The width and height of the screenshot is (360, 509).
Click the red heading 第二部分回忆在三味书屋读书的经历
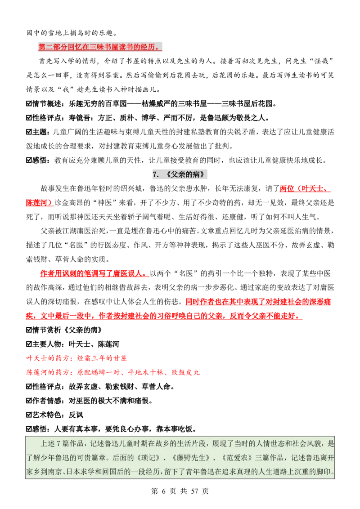(x=100, y=47)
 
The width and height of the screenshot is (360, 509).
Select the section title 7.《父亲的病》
(x=180, y=174)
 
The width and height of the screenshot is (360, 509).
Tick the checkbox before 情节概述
(x=29, y=104)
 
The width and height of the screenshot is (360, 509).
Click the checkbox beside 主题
(x=29, y=132)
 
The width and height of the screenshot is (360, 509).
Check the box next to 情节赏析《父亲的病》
(x=29, y=330)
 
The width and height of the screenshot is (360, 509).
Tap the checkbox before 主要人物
(x=29, y=344)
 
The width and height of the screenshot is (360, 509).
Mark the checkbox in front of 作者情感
(x=29, y=401)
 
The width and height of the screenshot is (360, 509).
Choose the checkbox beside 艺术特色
(x=29, y=415)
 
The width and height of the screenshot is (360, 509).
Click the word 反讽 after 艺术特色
(x=76, y=415)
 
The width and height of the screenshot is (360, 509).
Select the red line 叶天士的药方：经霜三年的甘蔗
(x=76, y=358)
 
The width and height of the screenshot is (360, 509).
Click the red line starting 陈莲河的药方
(x=113, y=372)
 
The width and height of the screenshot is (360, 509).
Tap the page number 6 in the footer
(x=163, y=491)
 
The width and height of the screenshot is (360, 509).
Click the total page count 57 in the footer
(x=194, y=491)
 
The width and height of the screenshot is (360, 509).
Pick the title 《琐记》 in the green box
(x=148, y=458)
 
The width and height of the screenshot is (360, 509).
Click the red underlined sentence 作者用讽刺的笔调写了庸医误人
(x=94, y=273)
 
